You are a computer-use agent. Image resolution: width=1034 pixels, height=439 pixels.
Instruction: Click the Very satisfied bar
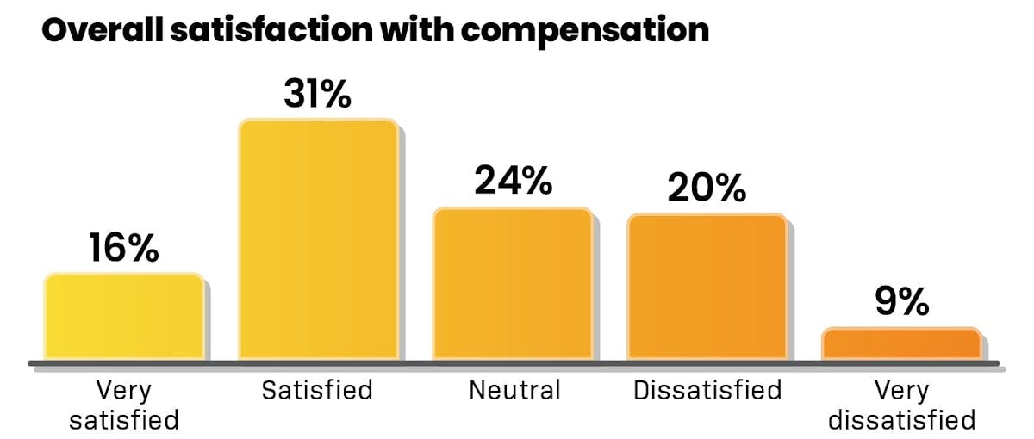coord(124,317)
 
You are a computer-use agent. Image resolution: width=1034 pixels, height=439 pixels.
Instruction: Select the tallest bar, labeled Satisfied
coord(318,240)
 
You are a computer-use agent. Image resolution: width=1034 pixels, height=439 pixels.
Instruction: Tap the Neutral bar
coord(513,284)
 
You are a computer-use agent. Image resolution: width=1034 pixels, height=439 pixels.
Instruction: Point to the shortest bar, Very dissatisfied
coord(901,344)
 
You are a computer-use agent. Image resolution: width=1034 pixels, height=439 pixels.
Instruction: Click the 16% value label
coord(124,249)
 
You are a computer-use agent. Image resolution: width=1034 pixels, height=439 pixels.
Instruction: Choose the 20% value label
coord(707,189)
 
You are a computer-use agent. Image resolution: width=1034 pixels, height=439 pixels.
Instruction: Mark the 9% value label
coord(901,302)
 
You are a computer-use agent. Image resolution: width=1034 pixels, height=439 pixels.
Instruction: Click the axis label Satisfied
coord(318,390)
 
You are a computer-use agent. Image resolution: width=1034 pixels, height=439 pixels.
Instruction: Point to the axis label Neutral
coord(514,390)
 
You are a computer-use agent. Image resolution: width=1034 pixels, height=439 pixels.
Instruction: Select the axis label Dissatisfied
coord(707,390)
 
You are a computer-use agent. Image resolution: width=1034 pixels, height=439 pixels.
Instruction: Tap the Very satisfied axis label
coord(124,405)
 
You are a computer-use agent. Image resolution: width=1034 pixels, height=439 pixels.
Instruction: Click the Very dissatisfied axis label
coord(901,405)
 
